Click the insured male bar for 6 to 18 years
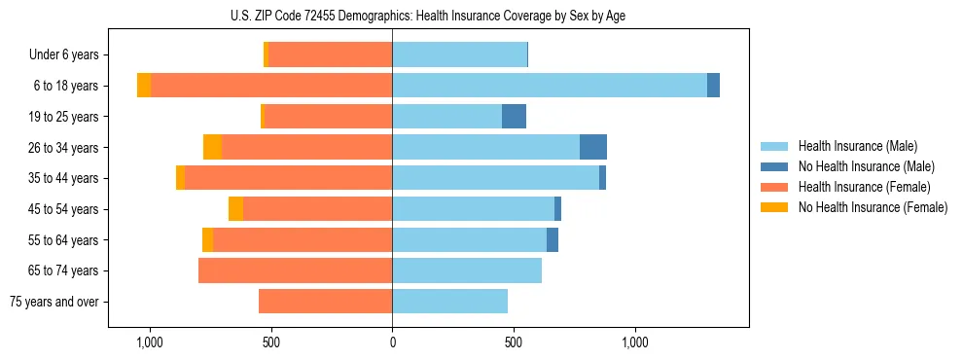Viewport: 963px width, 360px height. tap(550, 86)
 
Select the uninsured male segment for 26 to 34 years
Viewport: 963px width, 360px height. tap(593, 147)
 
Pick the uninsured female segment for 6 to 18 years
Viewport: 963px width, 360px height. tap(144, 86)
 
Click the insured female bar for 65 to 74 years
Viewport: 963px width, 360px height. tap(295, 270)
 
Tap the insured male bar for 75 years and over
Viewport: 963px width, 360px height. tap(449, 302)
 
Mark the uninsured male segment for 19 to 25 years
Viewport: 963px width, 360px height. tap(514, 117)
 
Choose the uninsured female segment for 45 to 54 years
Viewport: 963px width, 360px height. tap(235, 209)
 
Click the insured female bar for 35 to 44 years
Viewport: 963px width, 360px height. tap(288, 178)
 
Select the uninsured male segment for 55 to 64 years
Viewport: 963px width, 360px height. tap(553, 239)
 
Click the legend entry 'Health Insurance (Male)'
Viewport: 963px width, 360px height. tap(857, 146)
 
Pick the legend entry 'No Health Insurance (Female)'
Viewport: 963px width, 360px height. tap(873, 207)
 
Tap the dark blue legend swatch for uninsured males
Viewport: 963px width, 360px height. tap(775, 166)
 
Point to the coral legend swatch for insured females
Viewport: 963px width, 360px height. tap(775, 187)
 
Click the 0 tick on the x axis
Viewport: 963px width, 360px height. tap(392, 342)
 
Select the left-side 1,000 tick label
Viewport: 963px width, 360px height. tap(150, 342)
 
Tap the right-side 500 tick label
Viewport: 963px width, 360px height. tap(514, 342)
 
